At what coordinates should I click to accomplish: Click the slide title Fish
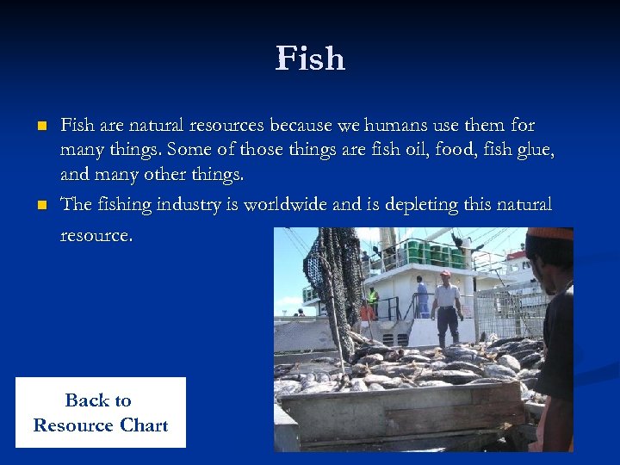tap(310, 59)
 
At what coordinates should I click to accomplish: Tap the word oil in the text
tap(418, 151)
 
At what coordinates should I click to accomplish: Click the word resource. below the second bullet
tap(96, 234)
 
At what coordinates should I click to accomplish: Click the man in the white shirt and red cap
tap(445, 306)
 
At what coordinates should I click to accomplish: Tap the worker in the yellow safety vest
tap(372, 299)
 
